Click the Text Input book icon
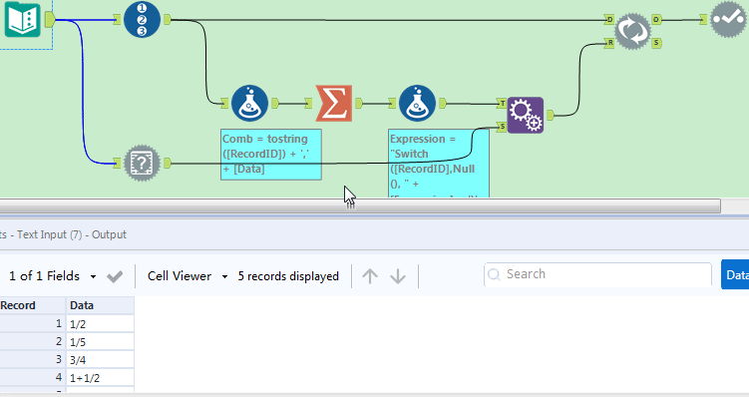click(x=22, y=19)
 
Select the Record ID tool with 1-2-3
click(x=142, y=19)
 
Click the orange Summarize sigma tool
click(x=333, y=102)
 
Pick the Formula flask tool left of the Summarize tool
click(x=249, y=102)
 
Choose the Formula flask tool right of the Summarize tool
click(x=417, y=102)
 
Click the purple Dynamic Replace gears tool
click(x=525, y=115)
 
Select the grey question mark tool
click(x=143, y=162)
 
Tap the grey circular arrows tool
click(x=631, y=30)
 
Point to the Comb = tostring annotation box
click(x=271, y=154)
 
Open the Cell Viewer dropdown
click(x=188, y=276)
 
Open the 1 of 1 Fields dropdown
click(x=54, y=276)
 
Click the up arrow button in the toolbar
click(x=370, y=276)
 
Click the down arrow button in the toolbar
click(x=398, y=276)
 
